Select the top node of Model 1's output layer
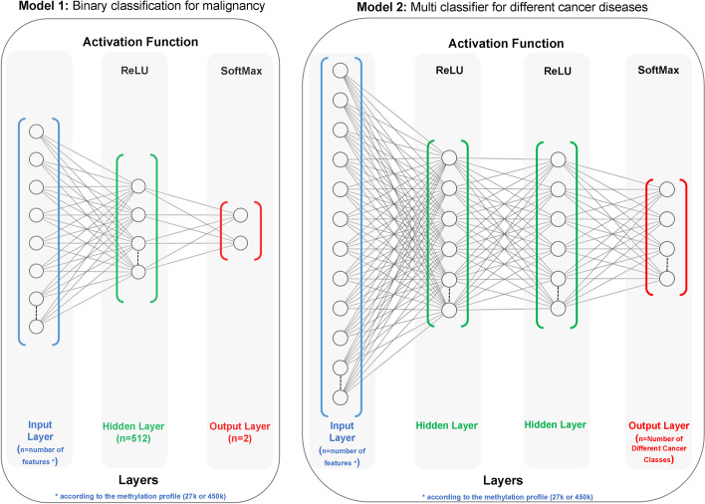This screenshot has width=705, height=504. point(240,214)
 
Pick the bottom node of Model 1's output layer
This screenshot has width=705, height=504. point(240,242)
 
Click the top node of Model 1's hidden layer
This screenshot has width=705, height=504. point(137,185)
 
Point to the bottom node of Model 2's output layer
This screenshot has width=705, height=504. point(663,278)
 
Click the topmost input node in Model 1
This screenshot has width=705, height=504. point(37,130)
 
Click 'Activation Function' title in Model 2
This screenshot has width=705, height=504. point(506,44)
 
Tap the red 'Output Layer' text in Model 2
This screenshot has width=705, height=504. point(664,426)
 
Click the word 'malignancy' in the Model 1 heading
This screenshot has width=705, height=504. point(229,9)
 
